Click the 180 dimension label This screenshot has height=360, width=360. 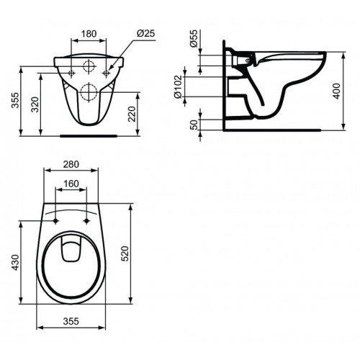coord(89,33)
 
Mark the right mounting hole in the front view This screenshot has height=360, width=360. coord(107,73)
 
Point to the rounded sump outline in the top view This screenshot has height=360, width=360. coord(71,250)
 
